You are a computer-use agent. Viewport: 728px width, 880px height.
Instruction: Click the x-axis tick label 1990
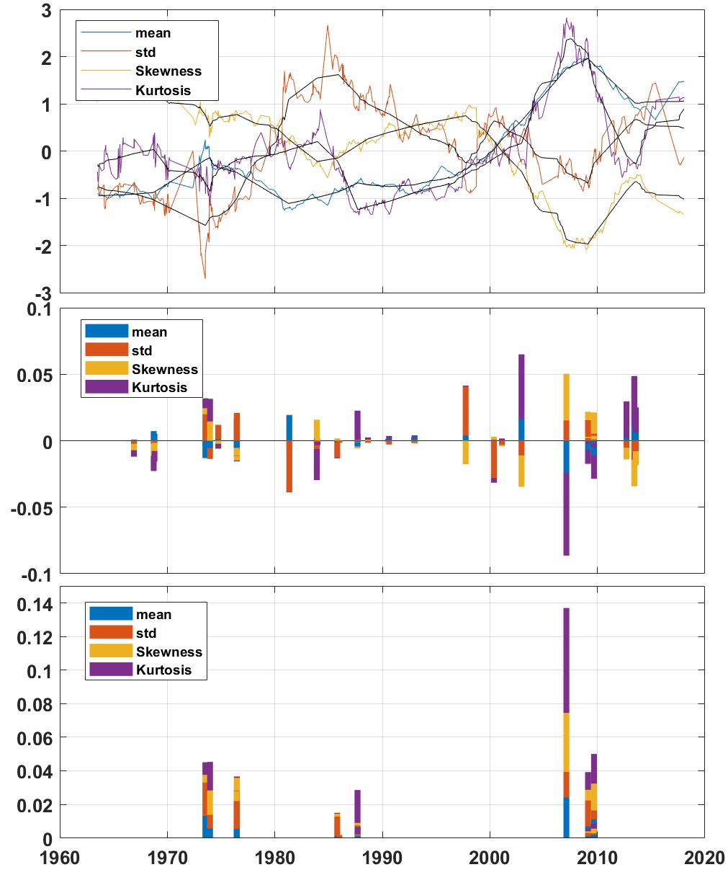[x=382, y=858]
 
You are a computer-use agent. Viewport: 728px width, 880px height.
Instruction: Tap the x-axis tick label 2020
[x=704, y=858]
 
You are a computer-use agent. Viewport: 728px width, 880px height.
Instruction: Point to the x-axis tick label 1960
[x=60, y=858]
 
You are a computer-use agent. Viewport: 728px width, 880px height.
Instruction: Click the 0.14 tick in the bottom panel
[x=35, y=604]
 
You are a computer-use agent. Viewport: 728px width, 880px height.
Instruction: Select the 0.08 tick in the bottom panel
[x=35, y=705]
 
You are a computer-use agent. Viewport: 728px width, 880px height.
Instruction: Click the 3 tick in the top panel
[x=47, y=12]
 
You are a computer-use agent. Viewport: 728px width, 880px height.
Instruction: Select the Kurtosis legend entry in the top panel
[x=163, y=90]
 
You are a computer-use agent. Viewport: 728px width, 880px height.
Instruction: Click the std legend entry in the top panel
[x=145, y=52]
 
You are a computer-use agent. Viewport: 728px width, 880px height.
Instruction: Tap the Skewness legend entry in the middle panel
[x=164, y=369]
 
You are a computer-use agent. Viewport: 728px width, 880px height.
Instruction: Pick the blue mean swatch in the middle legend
[x=106, y=332]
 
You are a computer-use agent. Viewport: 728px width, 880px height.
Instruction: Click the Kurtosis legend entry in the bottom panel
[x=163, y=670]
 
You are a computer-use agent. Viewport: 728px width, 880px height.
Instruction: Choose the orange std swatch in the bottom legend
[x=110, y=633]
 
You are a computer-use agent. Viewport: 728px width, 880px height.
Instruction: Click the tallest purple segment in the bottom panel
[x=566, y=660]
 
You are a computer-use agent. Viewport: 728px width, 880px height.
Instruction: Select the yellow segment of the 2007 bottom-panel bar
[x=566, y=742]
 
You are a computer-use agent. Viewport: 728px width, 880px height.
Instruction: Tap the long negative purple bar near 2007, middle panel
[x=566, y=514]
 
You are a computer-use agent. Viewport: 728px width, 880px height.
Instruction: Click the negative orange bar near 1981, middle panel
[x=289, y=466]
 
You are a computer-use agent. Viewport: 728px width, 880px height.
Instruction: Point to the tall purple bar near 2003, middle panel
[x=521, y=386]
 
